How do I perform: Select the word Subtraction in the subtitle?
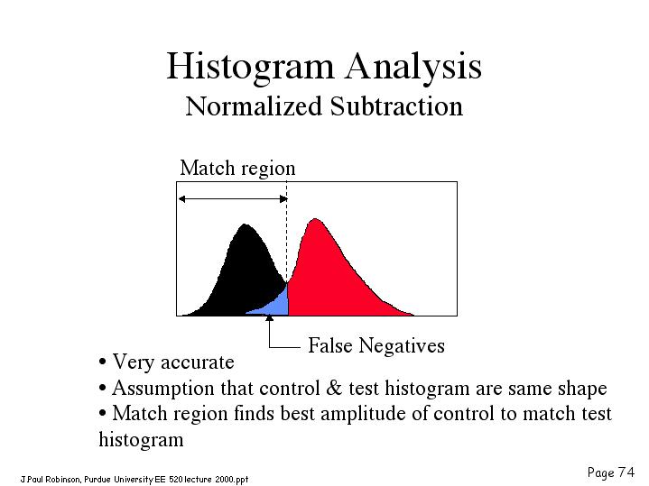click(396, 106)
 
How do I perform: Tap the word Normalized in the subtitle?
click(254, 106)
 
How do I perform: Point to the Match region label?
click(237, 169)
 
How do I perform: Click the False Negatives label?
click(376, 345)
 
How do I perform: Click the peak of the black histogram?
click(245, 225)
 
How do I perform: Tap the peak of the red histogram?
click(316, 219)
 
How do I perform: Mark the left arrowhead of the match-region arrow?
click(181, 199)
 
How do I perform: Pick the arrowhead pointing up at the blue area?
click(270, 318)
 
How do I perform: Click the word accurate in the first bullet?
click(198, 362)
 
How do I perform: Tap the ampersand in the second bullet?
click(334, 388)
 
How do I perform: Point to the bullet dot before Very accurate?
click(102, 362)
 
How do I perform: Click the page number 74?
click(626, 472)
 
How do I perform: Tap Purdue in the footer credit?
click(97, 480)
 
